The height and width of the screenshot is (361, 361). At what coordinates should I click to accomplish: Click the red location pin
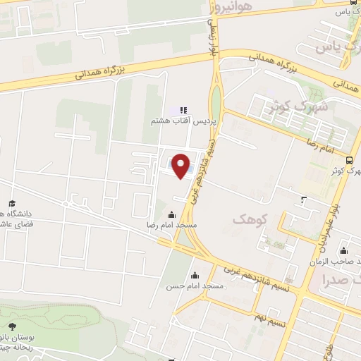pyautogui.click(x=181, y=166)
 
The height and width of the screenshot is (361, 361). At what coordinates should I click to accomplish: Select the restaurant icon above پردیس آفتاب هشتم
pyautogui.click(x=183, y=110)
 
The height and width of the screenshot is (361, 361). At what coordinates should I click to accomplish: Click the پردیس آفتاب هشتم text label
pyautogui.click(x=182, y=121)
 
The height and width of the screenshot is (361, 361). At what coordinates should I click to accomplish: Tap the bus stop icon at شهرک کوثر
pyautogui.click(x=350, y=160)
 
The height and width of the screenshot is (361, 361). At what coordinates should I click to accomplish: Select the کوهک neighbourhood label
pyautogui.click(x=250, y=219)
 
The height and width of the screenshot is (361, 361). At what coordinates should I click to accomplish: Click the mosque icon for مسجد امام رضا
pyautogui.click(x=171, y=214)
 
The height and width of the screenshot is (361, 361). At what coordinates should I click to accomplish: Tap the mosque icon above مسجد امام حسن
pyautogui.click(x=195, y=275)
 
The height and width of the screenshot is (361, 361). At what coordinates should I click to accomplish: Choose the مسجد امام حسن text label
pyautogui.click(x=195, y=286)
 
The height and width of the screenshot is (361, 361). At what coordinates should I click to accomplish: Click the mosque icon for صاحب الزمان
pyautogui.click(x=343, y=250)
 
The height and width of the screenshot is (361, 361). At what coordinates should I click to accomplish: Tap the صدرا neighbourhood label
pyautogui.click(x=334, y=279)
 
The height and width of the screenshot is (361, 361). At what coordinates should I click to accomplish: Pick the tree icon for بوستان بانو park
pyautogui.click(x=12, y=326)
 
